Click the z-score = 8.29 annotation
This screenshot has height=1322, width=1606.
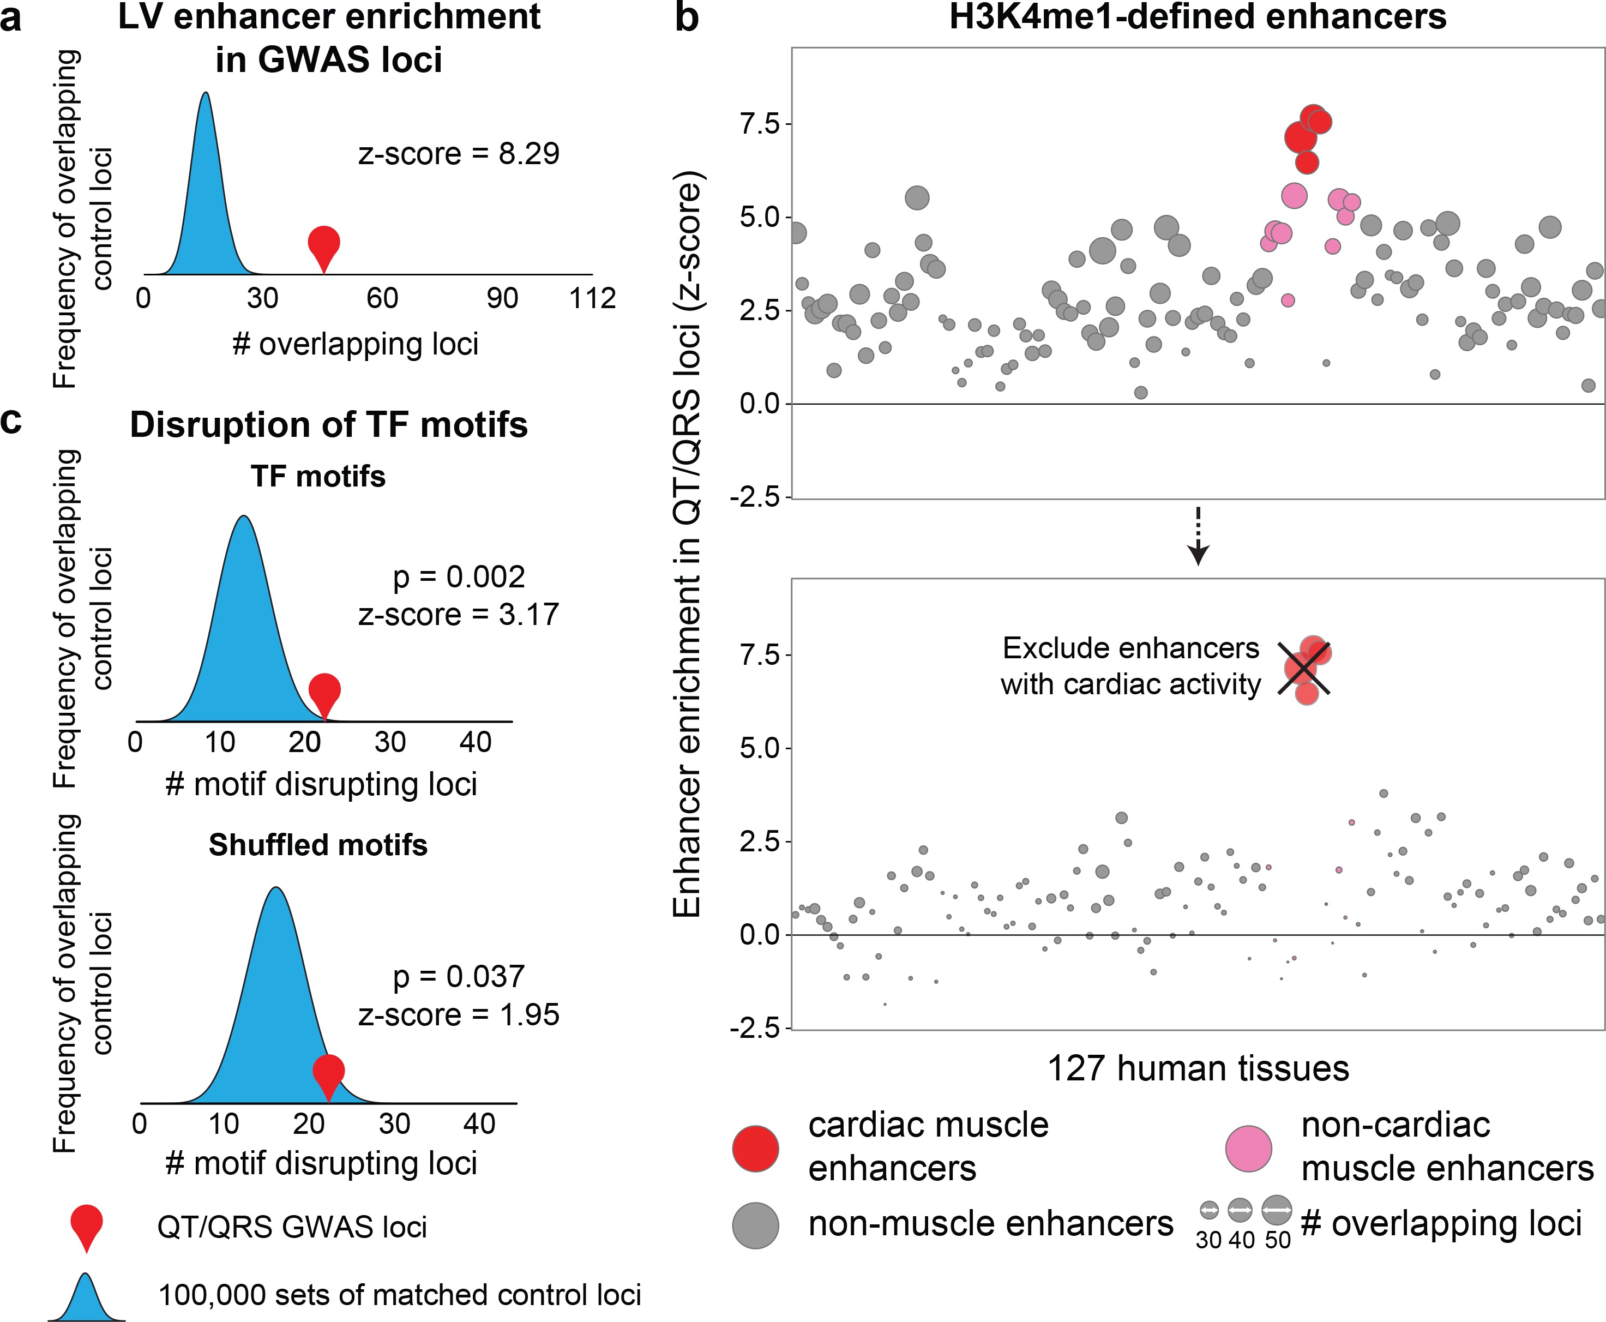point(459,154)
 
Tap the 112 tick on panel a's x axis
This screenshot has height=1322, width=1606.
point(592,298)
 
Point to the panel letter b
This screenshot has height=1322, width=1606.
point(687,17)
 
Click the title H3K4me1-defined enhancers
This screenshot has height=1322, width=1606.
point(1197,17)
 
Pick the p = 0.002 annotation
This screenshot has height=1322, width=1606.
point(459,577)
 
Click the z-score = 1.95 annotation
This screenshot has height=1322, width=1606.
point(459,1014)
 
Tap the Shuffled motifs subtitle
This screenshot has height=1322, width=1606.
point(318,845)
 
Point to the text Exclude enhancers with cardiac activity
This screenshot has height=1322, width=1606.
point(1131,666)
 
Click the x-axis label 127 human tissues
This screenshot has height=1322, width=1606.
point(1198,1068)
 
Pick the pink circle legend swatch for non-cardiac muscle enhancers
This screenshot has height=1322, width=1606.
point(1249,1147)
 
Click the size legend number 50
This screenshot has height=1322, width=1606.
point(1278,1241)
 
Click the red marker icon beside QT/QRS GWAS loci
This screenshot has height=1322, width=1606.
point(87,1225)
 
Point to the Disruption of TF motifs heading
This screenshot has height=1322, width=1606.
point(329,425)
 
